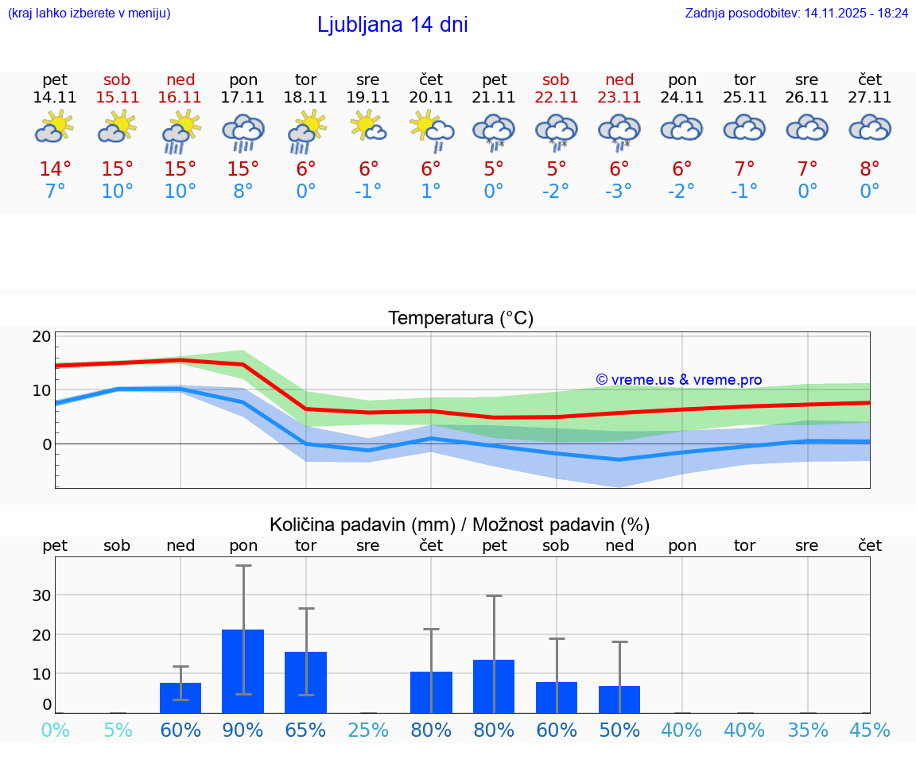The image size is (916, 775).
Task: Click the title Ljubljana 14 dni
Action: [x=392, y=25]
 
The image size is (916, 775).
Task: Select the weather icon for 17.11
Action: [x=243, y=132]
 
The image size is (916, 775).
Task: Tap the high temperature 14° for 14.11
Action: [x=55, y=169]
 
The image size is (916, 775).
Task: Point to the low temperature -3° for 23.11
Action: [x=619, y=192]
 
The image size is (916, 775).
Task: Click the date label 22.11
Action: [x=556, y=97]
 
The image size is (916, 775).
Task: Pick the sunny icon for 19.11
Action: [x=368, y=127]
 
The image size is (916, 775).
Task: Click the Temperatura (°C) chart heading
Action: [x=460, y=318]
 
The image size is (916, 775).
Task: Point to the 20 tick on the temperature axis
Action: [x=41, y=336]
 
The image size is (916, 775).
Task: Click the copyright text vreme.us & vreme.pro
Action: [x=679, y=380]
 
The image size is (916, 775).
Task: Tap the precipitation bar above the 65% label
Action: [x=306, y=682]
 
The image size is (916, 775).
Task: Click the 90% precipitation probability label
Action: [x=243, y=730]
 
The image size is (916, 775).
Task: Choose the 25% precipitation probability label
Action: [x=368, y=730]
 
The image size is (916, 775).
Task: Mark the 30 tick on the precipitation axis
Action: [x=41, y=595]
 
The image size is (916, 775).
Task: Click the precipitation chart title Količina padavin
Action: [x=460, y=525]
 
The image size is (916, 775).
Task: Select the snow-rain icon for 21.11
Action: [x=494, y=132]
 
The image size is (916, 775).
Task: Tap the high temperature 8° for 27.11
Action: [x=870, y=169]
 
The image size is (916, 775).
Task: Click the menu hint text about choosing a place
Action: [x=89, y=13]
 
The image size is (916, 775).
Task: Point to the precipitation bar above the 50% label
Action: [x=619, y=699]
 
